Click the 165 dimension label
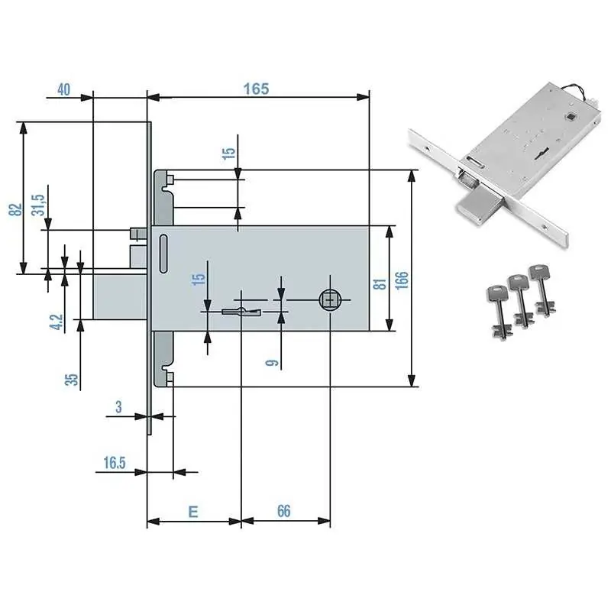pyautogui.click(x=256, y=89)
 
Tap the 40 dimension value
pyautogui.click(x=64, y=89)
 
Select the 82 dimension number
pyautogui.click(x=15, y=209)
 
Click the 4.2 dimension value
pyautogui.click(x=56, y=322)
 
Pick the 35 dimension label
pyautogui.click(x=71, y=379)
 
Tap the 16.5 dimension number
pyautogui.click(x=115, y=463)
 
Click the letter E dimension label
pyautogui.click(x=193, y=511)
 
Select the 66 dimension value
pyautogui.click(x=283, y=511)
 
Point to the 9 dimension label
pyautogui.click(x=272, y=363)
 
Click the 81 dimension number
pyautogui.click(x=380, y=283)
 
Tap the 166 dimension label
pyautogui.click(x=402, y=280)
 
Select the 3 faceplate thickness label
pyautogui.click(x=118, y=407)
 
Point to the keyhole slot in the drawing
pyautogui.click(x=241, y=312)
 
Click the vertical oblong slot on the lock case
pyautogui.click(x=163, y=254)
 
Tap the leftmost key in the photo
pyautogui.click(x=498, y=312)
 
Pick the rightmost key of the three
pyautogui.click(x=541, y=289)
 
